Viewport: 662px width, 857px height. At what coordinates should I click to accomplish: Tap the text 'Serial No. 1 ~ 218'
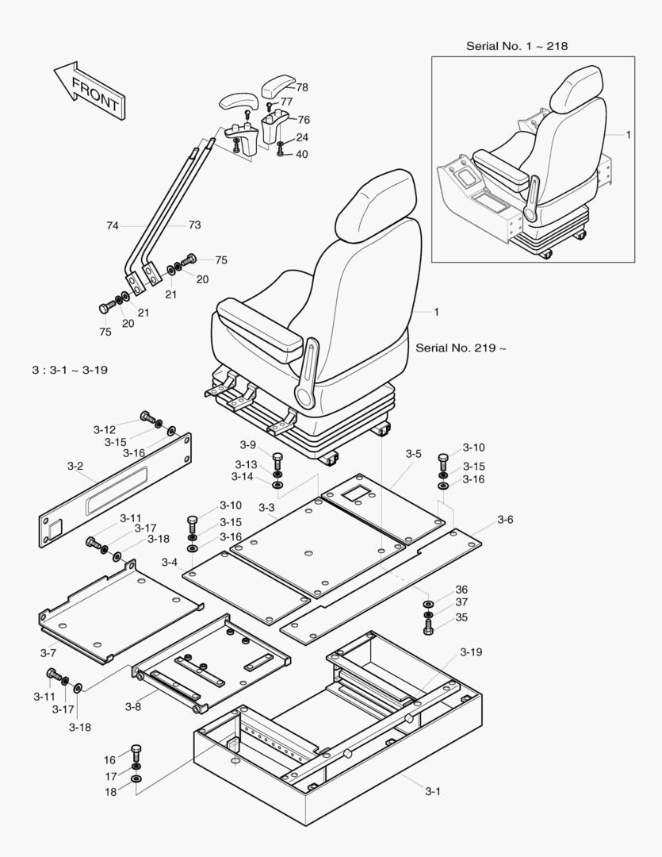(x=516, y=46)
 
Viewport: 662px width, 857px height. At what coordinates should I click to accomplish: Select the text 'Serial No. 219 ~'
(x=460, y=348)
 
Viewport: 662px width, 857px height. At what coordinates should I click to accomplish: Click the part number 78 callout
(x=302, y=87)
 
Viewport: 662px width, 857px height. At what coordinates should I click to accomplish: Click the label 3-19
(x=471, y=652)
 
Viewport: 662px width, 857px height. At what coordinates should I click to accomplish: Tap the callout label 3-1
(x=433, y=790)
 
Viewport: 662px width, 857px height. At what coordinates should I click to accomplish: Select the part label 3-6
(x=505, y=519)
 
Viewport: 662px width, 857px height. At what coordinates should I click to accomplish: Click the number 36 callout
(x=461, y=590)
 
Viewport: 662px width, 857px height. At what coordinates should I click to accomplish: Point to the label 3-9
(x=248, y=444)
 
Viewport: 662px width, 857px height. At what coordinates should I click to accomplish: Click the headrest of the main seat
(x=376, y=209)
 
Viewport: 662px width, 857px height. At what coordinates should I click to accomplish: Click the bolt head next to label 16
(x=135, y=750)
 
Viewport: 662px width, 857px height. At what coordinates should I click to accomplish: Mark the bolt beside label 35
(x=429, y=628)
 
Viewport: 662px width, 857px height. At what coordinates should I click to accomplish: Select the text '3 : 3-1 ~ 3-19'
(x=67, y=370)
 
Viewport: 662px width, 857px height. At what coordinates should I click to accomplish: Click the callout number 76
(x=303, y=120)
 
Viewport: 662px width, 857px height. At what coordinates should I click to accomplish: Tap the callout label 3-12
(x=105, y=429)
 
